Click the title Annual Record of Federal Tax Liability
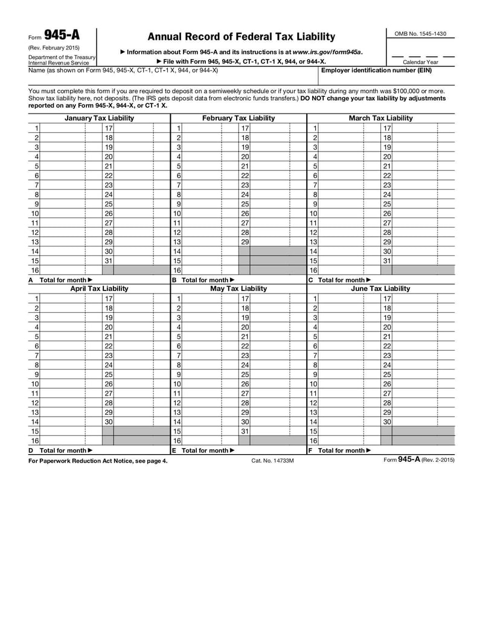(x=241, y=37)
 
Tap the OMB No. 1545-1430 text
(x=420, y=34)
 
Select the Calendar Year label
(x=420, y=62)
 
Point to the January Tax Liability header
(x=99, y=118)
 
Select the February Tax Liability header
(x=238, y=118)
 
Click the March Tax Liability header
(x=381, y=118)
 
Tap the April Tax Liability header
(x=99, y=289)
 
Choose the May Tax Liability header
(x=238, y=289)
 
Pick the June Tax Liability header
(x=381, y=289)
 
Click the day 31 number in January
(x=109, y=261)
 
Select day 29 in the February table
(x=245, y=242)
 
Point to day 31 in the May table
(x=245, y=431)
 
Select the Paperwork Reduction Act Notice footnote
(x=98, y=461)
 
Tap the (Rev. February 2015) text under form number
(x=54, y=48)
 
